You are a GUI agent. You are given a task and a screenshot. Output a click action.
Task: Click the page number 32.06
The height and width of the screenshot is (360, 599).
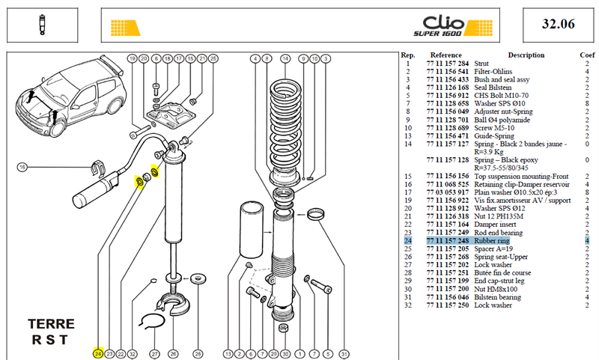coord(558,24)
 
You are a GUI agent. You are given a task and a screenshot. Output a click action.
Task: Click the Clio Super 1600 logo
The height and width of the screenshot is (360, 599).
coord(453,26)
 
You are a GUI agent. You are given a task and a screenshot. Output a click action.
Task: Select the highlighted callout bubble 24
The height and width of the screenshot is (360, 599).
coord(98,354)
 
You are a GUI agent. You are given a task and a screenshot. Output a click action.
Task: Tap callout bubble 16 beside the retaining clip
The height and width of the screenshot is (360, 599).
coord(22,167)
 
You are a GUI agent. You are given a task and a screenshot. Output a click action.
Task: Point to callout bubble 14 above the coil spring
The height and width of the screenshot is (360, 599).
coord(285,59)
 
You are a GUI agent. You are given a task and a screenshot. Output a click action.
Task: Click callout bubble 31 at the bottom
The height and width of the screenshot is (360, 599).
coord(344,354)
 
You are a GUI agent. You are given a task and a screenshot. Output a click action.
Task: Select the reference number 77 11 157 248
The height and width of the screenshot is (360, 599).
coord(447,241)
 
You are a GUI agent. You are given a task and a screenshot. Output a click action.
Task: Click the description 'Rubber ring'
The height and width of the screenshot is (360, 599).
coord(492,241)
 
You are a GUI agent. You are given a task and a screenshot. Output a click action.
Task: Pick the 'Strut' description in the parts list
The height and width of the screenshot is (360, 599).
coord(481,64)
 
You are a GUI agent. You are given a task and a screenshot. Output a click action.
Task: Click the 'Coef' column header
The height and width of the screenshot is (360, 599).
coord(587,55)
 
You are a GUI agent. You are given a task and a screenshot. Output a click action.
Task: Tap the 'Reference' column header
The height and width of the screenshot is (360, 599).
coord(446,55)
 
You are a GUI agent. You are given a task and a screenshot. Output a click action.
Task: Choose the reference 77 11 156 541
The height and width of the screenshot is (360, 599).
coord(447,71)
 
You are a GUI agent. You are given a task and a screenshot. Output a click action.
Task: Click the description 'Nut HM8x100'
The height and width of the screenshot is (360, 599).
coord(496,289)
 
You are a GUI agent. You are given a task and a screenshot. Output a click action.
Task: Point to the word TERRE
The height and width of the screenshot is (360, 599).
coord(51,324)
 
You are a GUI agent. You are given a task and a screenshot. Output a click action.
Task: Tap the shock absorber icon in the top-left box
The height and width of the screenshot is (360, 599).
coord(42,25)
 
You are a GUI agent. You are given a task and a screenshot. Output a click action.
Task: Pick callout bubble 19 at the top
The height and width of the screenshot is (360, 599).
coord(133,59)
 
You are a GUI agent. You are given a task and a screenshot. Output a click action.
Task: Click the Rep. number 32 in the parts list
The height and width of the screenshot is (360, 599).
coord(408,305)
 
